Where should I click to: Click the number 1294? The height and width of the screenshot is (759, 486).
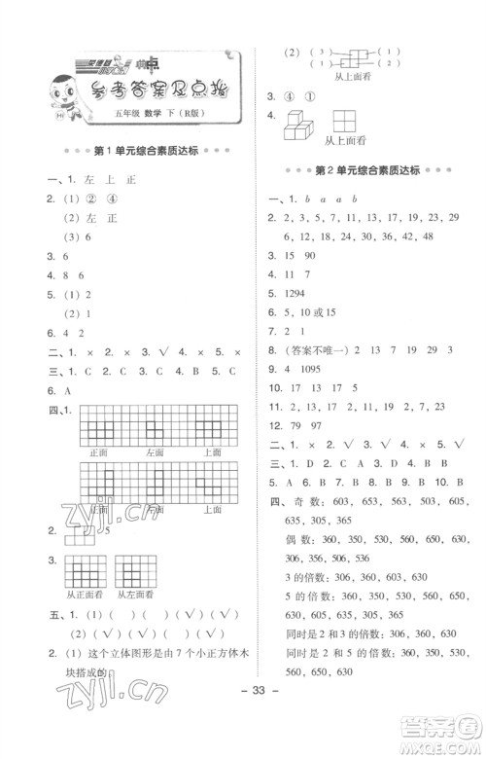tap(294, 293)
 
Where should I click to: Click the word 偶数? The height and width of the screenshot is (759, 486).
tap(297, 538)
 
